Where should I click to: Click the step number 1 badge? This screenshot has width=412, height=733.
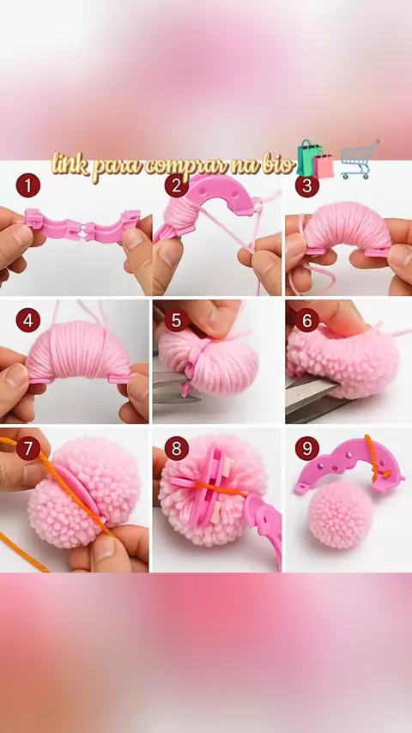28,185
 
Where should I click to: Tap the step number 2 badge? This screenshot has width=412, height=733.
176,185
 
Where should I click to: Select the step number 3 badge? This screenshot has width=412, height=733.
306,185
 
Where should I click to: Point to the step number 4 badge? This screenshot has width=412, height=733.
28,320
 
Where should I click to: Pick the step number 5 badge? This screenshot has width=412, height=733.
176,320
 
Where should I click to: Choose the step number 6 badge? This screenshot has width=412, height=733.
306,320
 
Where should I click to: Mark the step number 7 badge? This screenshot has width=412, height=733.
28,449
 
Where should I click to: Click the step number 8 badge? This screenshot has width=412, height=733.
176,449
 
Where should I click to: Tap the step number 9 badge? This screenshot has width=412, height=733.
306,449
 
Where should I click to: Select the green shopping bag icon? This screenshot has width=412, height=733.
309,157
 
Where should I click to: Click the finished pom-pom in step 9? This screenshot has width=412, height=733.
341,515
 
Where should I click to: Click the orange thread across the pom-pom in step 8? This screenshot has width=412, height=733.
220,488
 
